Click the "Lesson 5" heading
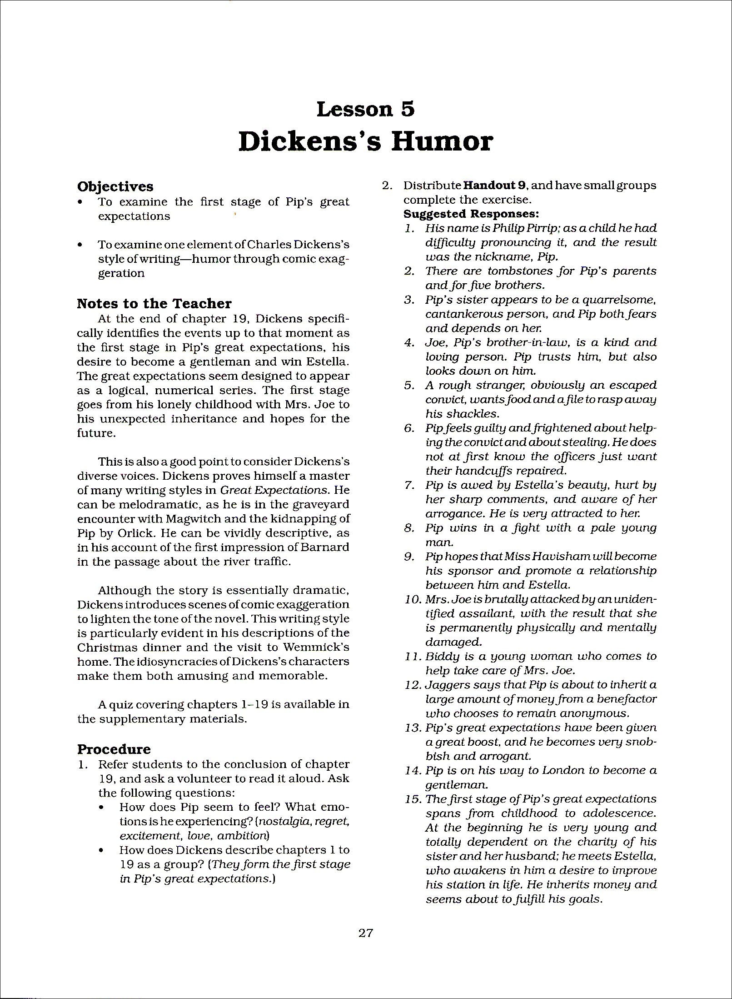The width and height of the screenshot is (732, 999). [x=365, y=109]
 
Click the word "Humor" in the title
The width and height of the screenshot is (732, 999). [x=442, y=141]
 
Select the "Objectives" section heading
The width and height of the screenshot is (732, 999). [x=115, y=186]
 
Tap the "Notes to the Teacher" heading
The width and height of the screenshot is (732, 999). [x=154, y=303]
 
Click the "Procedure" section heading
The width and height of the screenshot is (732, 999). [x=114, y=749]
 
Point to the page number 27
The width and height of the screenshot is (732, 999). [x=366, y=933]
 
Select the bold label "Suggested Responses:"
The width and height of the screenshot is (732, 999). [x=471, y=214]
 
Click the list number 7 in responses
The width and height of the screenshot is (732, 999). [x=408, y=485]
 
